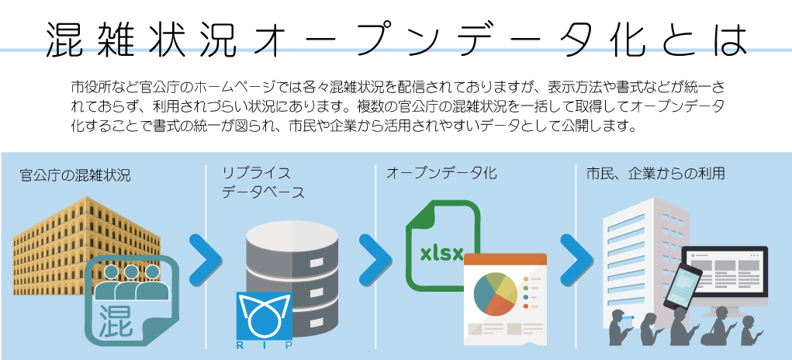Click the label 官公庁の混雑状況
[x=75, y=175]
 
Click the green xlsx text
[x=441, y=253]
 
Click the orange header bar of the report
[x=505, y=259]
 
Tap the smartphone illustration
[x=682, y=286]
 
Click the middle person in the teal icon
[x=131, y=281]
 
